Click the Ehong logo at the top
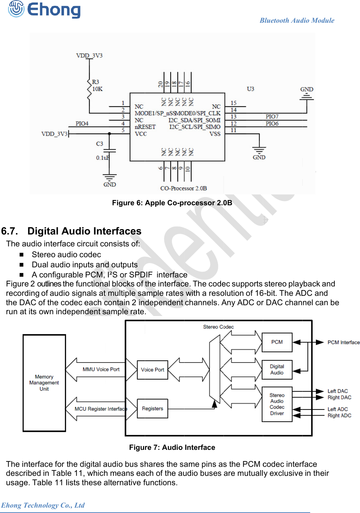[44, 10]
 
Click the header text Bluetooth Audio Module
[297, 21]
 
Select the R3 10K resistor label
[97, 85]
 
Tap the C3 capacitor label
[100, 144]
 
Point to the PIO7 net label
[272, 117]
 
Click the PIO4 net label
[82, 123]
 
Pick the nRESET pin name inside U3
[145, 127]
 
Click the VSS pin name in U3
[215, 134]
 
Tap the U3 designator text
[250, 89]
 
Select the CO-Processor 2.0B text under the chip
[183, 188]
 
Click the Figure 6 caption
[172, 203]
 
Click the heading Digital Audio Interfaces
[84, 231]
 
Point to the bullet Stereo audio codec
[66, 254]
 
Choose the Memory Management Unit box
[44, 383]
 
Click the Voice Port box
[152, 370]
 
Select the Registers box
[152, 408]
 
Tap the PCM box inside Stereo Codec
[277, 342]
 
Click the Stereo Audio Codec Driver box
[277, 404]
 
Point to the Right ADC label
[339, 416]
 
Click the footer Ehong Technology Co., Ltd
[43, 505]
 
